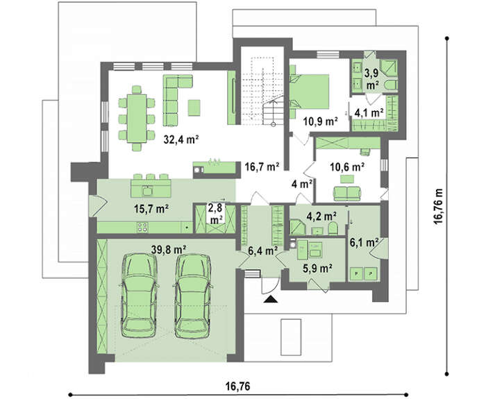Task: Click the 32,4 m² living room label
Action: point(181,140)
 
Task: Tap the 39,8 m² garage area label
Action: point(169,249)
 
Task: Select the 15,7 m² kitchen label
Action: point(151,209)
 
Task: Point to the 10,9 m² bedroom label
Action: point(320,121)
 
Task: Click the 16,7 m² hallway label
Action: point(262,167)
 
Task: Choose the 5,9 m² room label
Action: point(318,268)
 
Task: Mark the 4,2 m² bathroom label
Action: point(321,216)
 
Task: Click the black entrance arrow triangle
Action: point(271,298)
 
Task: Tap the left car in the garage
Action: point(139,295)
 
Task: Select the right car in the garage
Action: point(193,295)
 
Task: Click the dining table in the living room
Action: point(137,119)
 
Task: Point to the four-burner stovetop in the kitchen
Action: point(142,228)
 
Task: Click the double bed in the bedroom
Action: point(309,92)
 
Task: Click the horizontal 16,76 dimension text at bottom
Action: point(237,387)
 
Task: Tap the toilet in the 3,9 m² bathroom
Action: point(390,85)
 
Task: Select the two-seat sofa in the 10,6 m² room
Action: point(347,194)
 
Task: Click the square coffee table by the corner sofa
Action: point(194,108)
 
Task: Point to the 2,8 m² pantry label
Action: point(217,214)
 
